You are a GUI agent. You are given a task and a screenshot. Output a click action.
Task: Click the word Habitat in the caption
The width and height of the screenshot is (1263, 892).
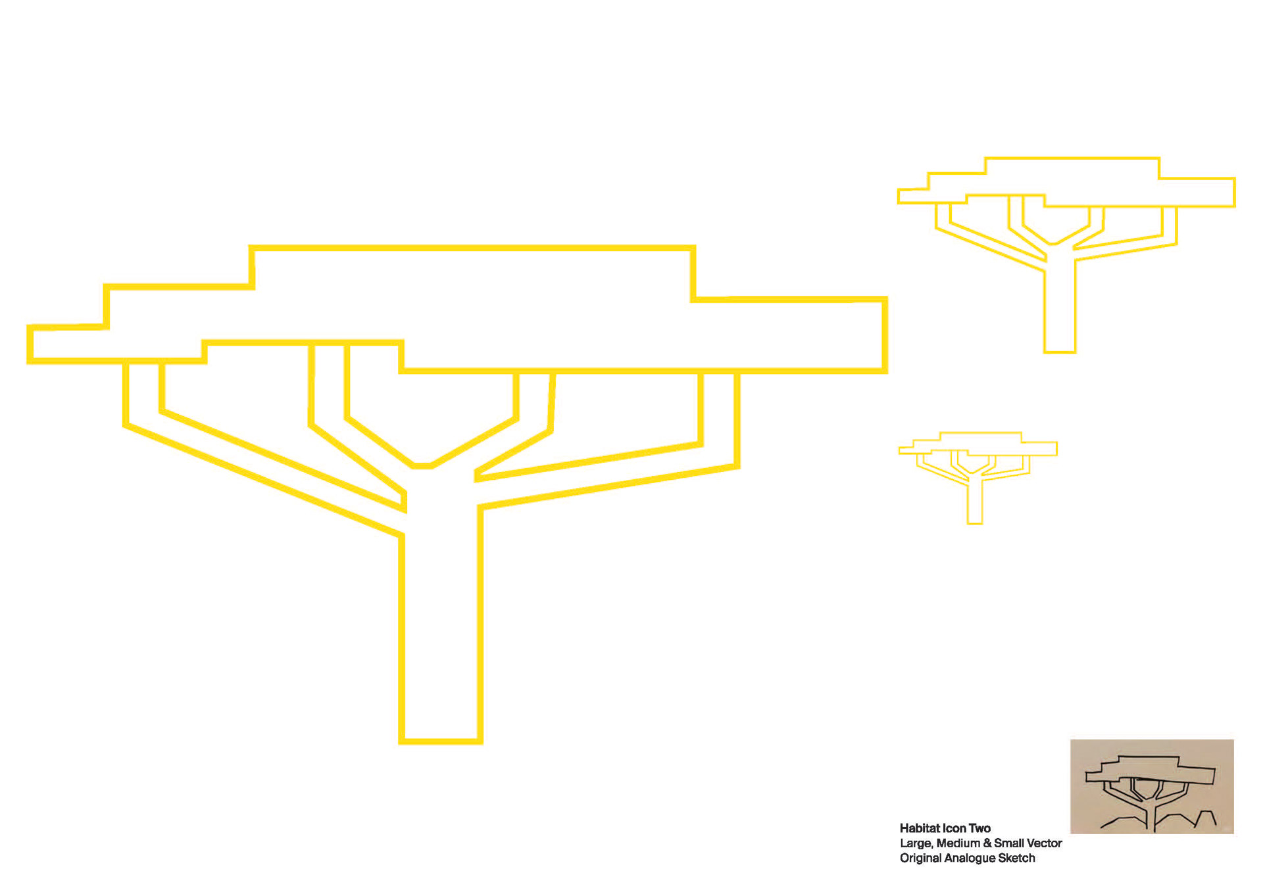coord(920,828)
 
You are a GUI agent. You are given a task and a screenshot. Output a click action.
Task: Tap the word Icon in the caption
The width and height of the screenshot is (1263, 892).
coord(954,828)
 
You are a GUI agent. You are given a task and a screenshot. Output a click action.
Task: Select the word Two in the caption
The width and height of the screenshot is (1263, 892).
coord(979,828)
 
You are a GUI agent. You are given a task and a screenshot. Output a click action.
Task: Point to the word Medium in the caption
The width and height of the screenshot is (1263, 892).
coord(958,843)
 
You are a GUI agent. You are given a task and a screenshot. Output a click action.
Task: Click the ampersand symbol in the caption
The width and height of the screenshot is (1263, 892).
coord(987,843)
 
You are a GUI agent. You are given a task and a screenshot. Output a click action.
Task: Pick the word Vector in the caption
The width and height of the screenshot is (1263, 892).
coord(1043,843)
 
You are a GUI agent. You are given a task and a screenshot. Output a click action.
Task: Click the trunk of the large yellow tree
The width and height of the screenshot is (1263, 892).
coord(441,624)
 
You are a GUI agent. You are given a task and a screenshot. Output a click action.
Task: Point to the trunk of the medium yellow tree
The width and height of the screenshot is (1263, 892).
coord(1060,309)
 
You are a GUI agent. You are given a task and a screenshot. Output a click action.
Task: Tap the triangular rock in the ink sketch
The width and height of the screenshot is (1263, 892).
coord(1208,818)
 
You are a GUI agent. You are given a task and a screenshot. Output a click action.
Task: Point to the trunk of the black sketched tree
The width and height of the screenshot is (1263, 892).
coord(1151,818)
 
